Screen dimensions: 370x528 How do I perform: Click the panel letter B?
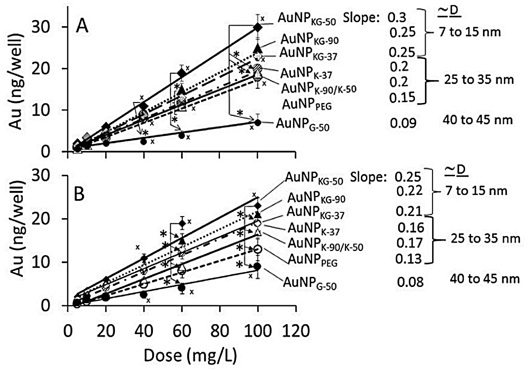click(x=79, y=194)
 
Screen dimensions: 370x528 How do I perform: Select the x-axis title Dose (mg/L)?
click(x=190, y=355)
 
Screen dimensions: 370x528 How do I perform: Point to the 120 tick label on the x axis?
click(x=295, y=331)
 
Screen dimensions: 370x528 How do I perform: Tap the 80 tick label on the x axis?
click(x=220, y=331)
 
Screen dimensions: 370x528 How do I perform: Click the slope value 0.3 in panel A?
click(x=397, y=18)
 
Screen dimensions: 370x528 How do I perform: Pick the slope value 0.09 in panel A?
click(x=403, y=123)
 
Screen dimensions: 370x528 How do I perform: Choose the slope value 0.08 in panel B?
click(x=410, y=282)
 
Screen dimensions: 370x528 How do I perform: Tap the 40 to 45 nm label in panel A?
click(x=477, y=120)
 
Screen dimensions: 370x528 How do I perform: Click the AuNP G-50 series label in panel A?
click(x=303, y=124)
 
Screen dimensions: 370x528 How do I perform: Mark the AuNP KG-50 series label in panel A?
click(x=307, y=18)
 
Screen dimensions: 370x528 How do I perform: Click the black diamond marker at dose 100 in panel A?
click(x=258, y=28)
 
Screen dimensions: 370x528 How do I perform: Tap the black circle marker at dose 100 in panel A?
click(x=258, y=123)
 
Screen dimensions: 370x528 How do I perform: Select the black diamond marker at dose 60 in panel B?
click(x=182, y=223)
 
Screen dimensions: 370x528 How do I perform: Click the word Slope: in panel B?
click(x=368, y=177)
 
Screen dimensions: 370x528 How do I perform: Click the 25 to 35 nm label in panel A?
click(x=479, y=80)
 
